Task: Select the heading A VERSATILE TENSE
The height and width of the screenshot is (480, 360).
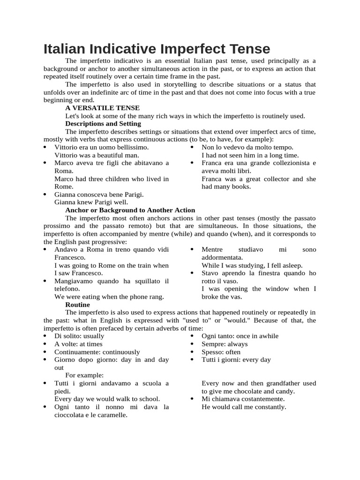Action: coord(102,108)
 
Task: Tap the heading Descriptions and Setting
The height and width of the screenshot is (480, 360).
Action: coord(103,124)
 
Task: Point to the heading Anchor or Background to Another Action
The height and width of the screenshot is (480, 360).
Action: coord(130,210)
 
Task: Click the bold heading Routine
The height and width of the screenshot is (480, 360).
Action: coord(77,304)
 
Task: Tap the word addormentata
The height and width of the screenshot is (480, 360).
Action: coord(222,257)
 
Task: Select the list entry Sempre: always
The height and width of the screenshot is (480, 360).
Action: coord(225,344)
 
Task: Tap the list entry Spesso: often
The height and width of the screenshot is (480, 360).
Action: coord(221,352)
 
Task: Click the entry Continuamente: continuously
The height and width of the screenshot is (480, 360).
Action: coord(97,352)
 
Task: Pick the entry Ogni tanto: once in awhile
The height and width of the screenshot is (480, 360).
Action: coord(240,336)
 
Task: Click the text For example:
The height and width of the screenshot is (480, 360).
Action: coord(84,375)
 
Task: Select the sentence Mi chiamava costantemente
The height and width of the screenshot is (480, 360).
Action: coord(243,399)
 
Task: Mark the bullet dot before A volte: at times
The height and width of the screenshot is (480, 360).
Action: coord(45,344)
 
